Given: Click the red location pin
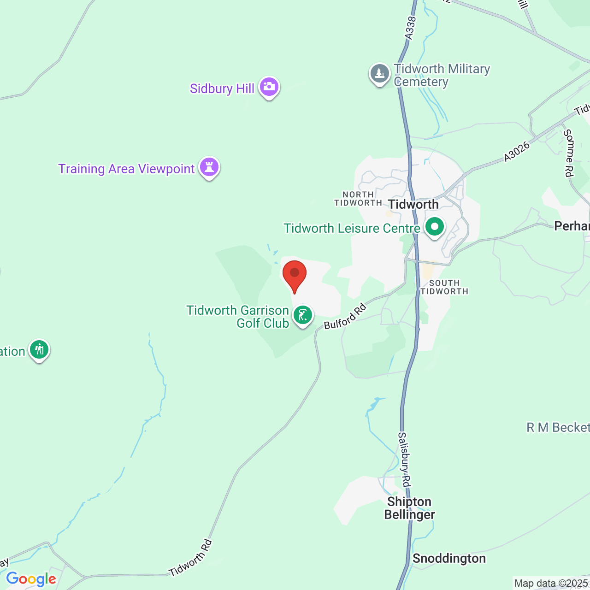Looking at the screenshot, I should click(294, 275).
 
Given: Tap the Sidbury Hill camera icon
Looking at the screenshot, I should click(269, 87).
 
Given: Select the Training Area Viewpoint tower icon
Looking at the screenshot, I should click(209, 167).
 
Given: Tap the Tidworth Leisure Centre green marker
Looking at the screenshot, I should click(434, 227).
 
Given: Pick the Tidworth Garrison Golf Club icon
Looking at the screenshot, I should click(303, 316).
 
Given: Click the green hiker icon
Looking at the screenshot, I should click(39, 350).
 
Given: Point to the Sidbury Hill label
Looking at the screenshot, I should click(222, 88).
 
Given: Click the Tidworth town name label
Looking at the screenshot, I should click(413, 204).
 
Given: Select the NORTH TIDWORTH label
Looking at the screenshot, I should click(358, 199).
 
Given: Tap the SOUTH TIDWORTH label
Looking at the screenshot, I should click(444, 287).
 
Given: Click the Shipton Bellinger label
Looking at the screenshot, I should click(409, 508).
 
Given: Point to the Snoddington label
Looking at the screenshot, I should click(449, 559).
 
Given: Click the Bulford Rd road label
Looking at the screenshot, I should click(345, 316).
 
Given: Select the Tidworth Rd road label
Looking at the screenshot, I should click(190, 558).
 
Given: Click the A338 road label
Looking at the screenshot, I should click(410, 28).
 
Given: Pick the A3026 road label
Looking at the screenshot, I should click(517, 152).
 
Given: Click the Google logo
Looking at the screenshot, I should click(31, 579).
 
